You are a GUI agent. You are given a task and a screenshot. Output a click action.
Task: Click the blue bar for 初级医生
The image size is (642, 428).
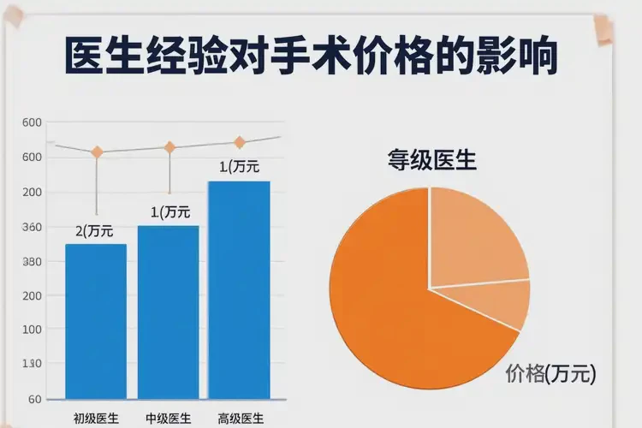(x=96, y=321)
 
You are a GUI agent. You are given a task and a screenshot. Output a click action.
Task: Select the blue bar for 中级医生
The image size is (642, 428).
(x=168, y=312)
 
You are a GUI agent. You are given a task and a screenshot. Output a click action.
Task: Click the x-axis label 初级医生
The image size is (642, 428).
(x=96, y=419)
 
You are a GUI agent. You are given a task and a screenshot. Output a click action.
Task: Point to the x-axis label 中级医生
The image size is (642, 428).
(x=168, y=419)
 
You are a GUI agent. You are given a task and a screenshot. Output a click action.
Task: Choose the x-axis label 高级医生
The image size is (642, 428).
(x=241, y=419)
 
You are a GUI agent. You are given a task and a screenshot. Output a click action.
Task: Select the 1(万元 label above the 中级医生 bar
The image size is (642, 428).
(x=170, y=211)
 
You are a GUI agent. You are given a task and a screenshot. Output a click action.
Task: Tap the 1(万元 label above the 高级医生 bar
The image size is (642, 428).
(x=239, y=167)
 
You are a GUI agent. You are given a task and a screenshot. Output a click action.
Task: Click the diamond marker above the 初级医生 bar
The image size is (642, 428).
(x=97, y=152)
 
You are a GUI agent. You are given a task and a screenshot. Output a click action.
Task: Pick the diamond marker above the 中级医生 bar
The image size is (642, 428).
(x=169, y=147)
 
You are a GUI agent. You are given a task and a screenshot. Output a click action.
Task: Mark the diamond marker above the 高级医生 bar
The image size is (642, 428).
(x=240, y=142)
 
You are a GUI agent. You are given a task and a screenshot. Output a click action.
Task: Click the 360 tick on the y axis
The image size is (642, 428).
(x=33, y=228)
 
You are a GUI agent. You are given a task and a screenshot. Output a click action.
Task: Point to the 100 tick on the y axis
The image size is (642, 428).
(x=33, y=330)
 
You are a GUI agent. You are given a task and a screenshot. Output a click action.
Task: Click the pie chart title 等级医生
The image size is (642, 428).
(x=431, y=160)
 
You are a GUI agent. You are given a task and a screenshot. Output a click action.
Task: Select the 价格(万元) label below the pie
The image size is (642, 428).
(x=550, y=374)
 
